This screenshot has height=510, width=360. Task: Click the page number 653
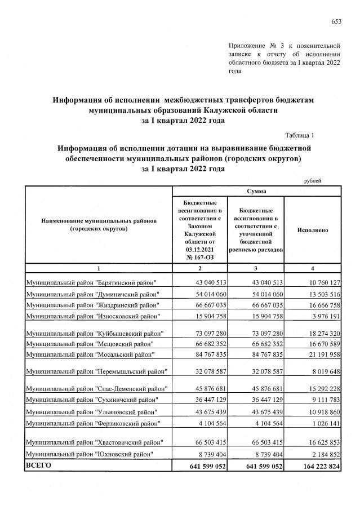336,21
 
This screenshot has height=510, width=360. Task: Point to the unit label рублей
313,180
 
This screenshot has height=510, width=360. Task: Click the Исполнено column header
312,230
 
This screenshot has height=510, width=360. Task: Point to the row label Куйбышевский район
95,333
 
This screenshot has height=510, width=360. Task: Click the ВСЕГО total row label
37,465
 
